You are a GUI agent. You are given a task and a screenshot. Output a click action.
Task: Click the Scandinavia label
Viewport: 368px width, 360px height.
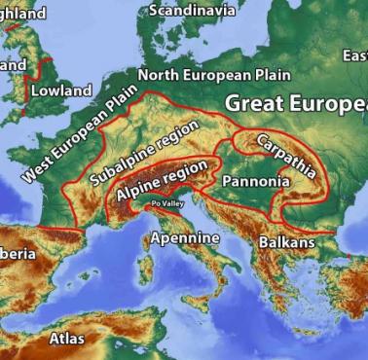coord(192,10)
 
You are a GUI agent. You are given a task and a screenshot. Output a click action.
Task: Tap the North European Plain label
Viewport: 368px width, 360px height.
coord(214,74)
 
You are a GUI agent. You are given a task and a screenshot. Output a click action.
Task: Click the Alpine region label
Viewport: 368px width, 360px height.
coord(162,181)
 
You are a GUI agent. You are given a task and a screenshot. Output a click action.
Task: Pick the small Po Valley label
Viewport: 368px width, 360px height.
coord(166,204)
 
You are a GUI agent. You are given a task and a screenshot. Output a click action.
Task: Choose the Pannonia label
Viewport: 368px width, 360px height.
coord(255,182)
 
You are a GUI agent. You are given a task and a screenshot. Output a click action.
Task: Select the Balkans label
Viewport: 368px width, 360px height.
coord(286,241)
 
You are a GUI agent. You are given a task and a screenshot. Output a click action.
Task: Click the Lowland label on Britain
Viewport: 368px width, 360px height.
coord(60,90)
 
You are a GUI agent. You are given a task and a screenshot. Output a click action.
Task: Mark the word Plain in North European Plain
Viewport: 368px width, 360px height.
coord(272,74)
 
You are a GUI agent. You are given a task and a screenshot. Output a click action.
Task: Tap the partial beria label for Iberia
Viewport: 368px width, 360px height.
coord(19,253)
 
